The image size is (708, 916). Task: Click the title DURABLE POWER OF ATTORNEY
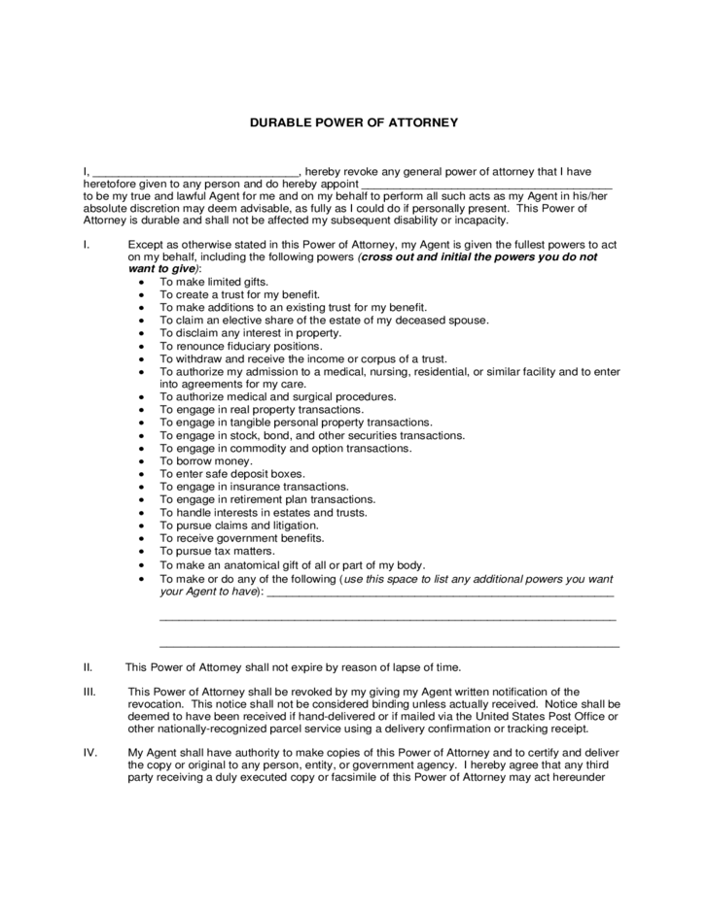point(353,123)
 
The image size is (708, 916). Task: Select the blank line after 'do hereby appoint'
point(486,185)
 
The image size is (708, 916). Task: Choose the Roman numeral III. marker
point(88,692)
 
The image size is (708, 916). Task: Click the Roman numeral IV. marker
point(88,753)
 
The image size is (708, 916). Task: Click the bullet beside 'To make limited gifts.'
point(142,282)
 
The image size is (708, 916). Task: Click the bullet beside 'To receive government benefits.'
point(142,537)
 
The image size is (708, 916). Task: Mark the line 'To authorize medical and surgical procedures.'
point(278,396)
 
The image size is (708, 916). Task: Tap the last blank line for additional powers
point(389,644)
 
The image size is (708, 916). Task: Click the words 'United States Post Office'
point(530,716)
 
